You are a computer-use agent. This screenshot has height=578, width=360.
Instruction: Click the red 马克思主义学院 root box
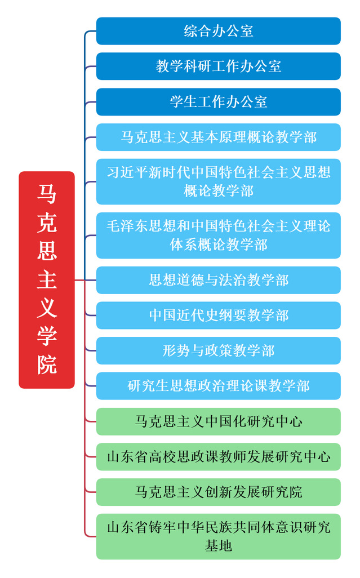(47, 279)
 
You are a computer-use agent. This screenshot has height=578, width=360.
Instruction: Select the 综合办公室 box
(218, 31)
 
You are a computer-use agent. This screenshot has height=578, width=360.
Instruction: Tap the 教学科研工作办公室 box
(218, 66)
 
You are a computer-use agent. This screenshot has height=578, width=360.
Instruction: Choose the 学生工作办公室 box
(218, 102)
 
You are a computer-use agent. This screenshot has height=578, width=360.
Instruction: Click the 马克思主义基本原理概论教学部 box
(218, 137)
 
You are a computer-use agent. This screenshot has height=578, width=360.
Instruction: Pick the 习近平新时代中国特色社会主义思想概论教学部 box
(218, 181)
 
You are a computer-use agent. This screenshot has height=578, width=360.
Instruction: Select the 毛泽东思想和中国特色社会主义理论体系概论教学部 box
(218, 235)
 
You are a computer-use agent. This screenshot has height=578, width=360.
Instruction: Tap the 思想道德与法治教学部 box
(218, 280)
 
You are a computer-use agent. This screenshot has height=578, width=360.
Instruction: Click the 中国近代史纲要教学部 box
(218, 315)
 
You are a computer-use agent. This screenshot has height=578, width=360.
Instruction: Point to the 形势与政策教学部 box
(218, 350)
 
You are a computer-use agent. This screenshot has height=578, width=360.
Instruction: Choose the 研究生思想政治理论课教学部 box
(218, 386)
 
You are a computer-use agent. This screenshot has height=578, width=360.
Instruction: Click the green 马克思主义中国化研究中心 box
(218, 421)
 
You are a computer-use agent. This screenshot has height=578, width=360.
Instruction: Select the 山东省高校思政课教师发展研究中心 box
(218, 456)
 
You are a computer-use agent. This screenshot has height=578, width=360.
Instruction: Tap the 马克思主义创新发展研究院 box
(218, 492)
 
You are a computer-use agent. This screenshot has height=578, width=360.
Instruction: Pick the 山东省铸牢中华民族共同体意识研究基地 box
(218, 536)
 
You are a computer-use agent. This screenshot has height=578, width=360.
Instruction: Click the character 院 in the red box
(47, 364)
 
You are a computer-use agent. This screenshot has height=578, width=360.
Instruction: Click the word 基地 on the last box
(218, 545)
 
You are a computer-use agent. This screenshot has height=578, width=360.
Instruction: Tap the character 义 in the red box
(47, 308)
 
